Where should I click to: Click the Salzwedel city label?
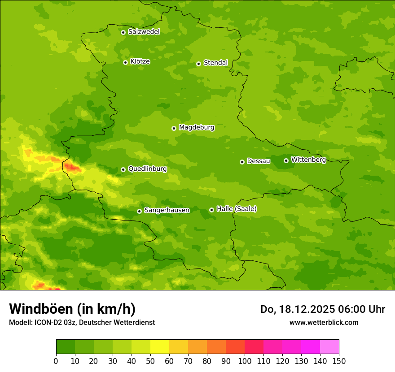(144, 32)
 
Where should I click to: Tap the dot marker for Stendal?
(198, 64)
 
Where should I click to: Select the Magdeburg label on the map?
(197, 128)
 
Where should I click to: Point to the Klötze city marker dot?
(125, 62)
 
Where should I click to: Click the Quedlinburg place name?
(147, 169)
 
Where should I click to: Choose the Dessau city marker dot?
(242, 162)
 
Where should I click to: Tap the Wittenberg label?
(308, 160)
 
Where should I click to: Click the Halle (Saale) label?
(237, 209)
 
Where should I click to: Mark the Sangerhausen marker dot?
(139, 211)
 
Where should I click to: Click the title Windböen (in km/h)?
(72, 309)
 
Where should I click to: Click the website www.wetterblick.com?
(324, 322)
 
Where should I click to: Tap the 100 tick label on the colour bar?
(245, 361)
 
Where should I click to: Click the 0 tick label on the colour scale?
(56, 361)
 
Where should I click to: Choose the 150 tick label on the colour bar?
(339, 361)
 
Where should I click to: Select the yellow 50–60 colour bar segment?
(160, 347)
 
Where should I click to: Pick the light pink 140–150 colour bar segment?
(329, 347)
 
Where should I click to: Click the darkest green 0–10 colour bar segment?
(66, 347)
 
